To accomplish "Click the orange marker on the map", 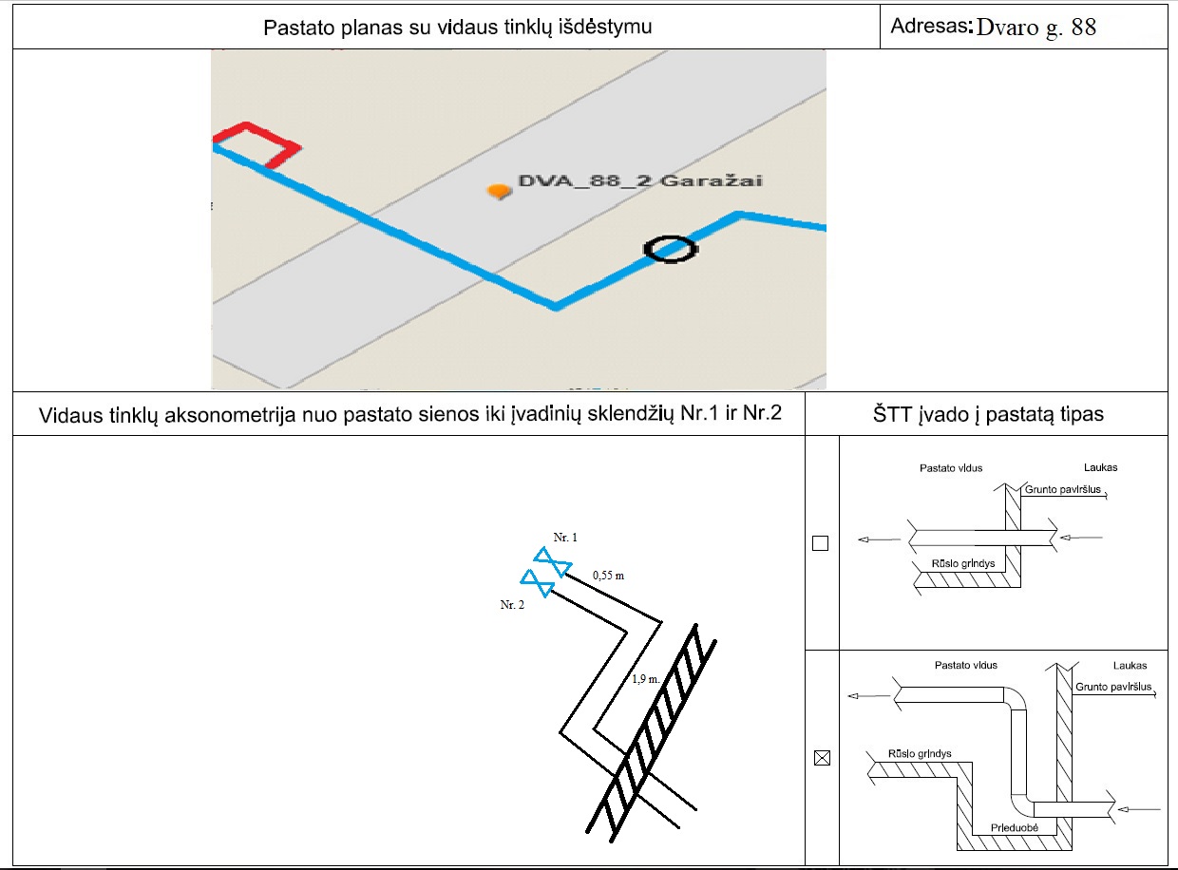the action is (x=500, y=191).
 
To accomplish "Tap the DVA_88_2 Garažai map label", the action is (x=640, y=180).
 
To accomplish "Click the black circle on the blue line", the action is (x=671, y=249).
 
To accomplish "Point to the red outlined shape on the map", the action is (x=256, y=145).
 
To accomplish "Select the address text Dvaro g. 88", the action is (x=1035, y=28).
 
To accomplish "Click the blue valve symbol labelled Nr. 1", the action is (x=553, y=561).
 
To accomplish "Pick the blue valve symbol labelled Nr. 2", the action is (x=538, y=583).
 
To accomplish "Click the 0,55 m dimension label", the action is (x=608, y=576).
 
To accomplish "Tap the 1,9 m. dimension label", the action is (x=646, y=679).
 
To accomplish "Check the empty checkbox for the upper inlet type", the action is (x=820, y=543).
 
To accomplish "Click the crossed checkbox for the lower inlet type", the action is (x=822, y=757).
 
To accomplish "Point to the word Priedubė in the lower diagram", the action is (x=1014, y=827).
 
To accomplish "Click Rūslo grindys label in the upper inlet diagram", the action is (x=963, y=563).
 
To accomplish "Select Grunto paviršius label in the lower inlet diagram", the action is (x=1113, y=687).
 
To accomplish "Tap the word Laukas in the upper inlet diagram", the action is (x=1100, y=467).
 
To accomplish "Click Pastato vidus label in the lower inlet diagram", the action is (x=965, y=665).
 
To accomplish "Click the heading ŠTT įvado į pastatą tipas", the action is (x=988, y=414).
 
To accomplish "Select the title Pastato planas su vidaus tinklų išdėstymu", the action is (x=457, y=28).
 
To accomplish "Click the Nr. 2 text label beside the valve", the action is (x=512, y=604).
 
